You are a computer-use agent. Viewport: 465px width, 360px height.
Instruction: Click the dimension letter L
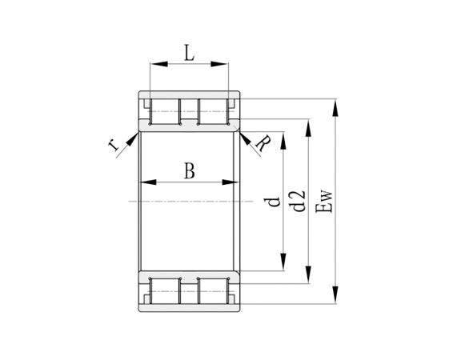tap(188, 54)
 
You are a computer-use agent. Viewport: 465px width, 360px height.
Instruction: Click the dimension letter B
tap(189, 170)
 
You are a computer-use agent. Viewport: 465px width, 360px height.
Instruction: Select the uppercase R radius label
tap(262, 144)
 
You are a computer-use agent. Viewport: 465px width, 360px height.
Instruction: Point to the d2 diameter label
tap(299, 202)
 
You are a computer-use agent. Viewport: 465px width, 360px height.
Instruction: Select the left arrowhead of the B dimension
tap(146, 183)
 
